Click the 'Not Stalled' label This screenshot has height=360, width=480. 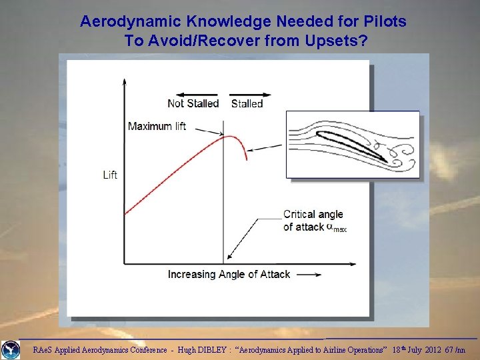[x=193, y=103]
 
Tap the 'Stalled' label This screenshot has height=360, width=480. [x=247, y=103]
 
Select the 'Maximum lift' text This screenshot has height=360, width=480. [x=157, y=126]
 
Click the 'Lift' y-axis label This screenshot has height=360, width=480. [x=110, y=175]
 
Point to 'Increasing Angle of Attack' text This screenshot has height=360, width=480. [x=229, y=274]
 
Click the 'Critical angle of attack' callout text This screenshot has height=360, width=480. [x=313, y=221]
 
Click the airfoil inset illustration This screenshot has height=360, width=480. [x=353, y=145]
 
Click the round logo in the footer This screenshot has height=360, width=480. [x=11, y=349]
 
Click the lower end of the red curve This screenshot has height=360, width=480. [x=125, y=213]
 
